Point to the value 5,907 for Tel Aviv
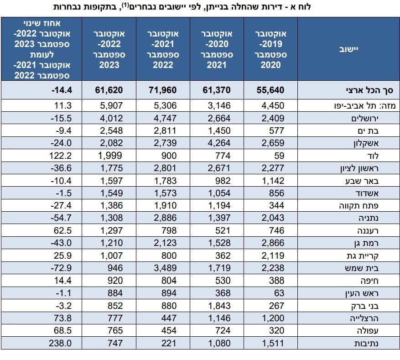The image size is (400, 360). pos(110,106)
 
